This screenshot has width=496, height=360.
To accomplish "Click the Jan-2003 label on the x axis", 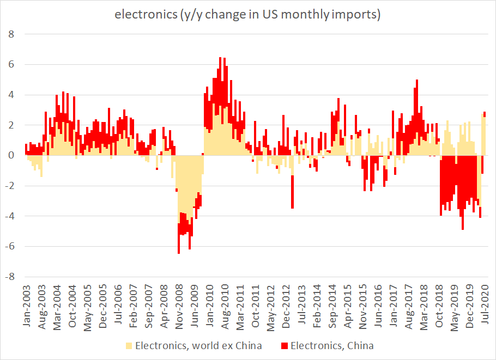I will [26, 305].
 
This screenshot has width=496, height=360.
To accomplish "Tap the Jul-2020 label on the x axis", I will [484, 305].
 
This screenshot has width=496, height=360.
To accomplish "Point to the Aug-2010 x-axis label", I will [224, 305].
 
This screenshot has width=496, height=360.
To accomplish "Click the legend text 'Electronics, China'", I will [332, 345].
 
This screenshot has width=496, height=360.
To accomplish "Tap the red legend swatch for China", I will [285, 345].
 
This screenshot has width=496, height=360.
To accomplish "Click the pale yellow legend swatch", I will [129, 345].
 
